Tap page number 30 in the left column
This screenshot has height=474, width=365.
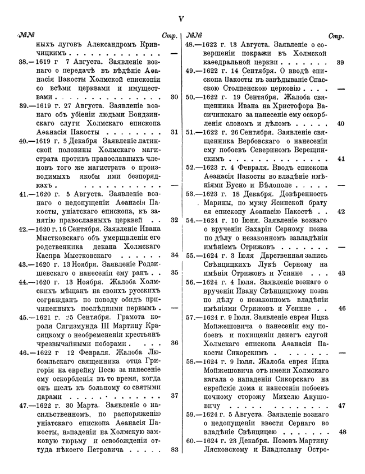[x=174, y=96]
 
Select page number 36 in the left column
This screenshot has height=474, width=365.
[x=174, y=342]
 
